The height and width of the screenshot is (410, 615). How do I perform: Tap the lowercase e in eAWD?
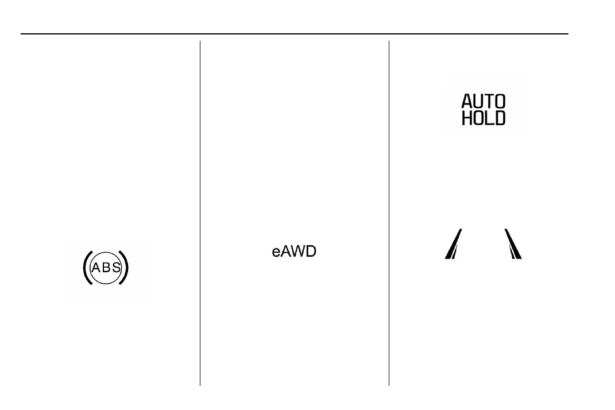click(276, 252)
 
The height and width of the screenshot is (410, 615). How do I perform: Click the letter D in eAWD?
click(311, 252)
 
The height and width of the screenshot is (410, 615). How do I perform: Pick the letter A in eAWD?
click(285, 252)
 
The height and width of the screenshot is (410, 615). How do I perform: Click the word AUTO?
click(484, 102)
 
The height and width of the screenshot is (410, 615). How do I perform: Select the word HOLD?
click(484, 118)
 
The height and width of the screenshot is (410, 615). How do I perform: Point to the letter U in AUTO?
click(478, 102)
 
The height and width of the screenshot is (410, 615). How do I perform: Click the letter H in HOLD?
click(467, 118)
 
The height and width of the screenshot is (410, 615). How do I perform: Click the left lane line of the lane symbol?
click(454, 244)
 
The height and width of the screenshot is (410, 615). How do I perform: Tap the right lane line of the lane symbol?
click(513, 244)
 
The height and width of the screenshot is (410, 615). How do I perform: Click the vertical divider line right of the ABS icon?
click(200, 212)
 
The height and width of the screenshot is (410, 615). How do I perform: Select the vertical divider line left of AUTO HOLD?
click(389, 212)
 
